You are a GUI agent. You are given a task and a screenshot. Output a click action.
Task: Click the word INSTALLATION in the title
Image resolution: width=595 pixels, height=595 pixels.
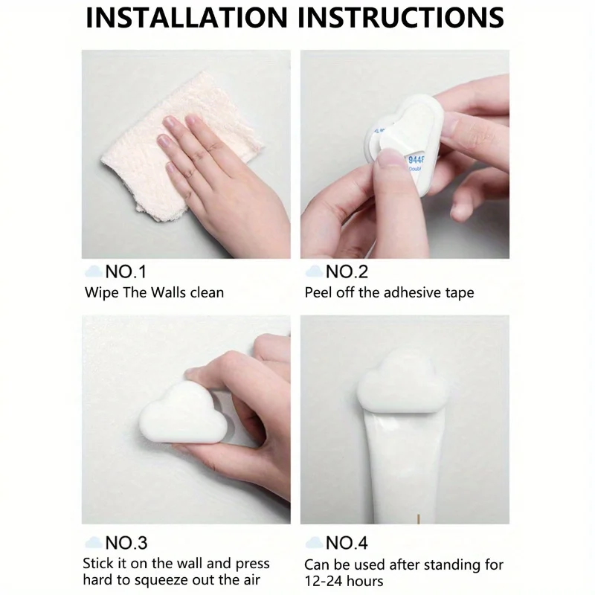[x=187, y=17]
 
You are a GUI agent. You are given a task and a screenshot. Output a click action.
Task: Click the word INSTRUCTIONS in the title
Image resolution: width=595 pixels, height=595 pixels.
[x=401, y=17]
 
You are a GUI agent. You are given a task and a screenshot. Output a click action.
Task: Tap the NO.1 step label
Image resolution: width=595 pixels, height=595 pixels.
[x=126, y=271]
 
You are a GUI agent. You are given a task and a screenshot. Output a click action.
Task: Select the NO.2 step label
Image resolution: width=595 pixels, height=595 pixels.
[x=347, y=271]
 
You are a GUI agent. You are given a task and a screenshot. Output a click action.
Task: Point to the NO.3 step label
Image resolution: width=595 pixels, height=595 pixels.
[x=126, y=543]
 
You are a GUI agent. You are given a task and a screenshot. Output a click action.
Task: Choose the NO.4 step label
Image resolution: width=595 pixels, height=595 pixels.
[x=347, y=543]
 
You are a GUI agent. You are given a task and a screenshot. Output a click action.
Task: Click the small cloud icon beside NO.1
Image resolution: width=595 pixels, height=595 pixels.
[x=94, y=271]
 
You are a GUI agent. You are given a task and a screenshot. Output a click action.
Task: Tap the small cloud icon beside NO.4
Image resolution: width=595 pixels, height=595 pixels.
[x=314, y=543]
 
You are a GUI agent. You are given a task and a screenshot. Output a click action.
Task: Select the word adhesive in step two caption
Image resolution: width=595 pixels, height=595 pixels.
[x=408, y=292]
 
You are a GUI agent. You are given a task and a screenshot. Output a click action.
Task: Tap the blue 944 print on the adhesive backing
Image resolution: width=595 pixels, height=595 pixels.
[x=416, y=159]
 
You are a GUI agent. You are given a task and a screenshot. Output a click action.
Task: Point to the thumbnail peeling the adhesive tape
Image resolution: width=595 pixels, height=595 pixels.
[x=390, y=157]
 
